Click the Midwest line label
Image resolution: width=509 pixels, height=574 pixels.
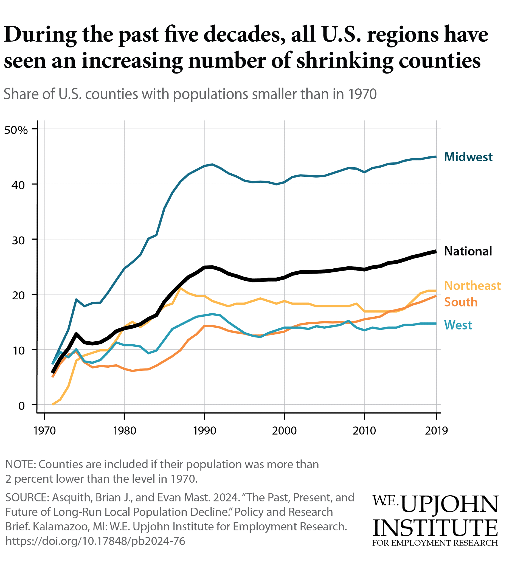(x=468, y=157)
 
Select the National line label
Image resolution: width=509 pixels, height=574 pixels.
(x=468, y=251)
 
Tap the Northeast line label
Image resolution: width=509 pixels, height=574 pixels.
(x=472, y=286)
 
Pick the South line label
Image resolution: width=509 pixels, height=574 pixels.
(x=461, y=302)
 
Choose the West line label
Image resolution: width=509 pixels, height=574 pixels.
(x=458, y=325)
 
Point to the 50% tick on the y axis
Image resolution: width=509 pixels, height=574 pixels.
(x=16, y=130)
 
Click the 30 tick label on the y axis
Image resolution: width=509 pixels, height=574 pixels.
(x=18, y=240)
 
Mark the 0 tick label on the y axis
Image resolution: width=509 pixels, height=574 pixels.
(x=22, y=406)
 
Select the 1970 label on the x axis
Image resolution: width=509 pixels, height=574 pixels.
(x=45, y=430)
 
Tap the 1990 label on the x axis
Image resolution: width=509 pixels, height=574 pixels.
(x=204, y=430)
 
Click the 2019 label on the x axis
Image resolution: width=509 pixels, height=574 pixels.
(x=436, y=430)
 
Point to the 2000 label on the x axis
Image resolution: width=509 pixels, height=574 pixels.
(x=284, y=430)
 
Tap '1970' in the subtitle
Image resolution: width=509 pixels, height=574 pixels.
(x=362, y=94)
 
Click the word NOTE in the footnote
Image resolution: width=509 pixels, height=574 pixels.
(x=20, y=464)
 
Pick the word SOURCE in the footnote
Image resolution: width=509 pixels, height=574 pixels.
(x=26, y=497)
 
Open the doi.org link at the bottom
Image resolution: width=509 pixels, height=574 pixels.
(x=95, y=541)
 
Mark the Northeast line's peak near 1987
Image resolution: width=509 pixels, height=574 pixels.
(x=180, y=288)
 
